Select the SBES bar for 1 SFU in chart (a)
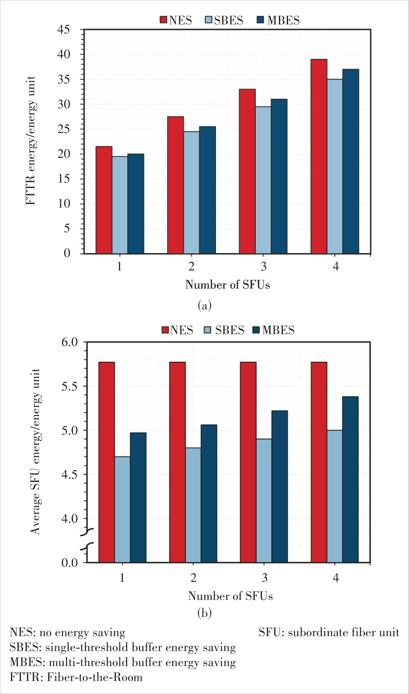(x=120, y=205)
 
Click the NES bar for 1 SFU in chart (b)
(x=107, y=462)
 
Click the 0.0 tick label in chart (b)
(x=70, y=563)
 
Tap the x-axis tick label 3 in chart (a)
(x=263, y=267)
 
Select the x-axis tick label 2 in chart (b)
(x=193, y=578)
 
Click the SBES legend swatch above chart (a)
(x=209, y=20)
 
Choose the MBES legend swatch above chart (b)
(x=256, y=330)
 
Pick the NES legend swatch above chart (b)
(x=165, y=330)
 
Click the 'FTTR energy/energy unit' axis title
(x=31, y=141)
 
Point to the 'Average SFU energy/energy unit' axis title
(x=36, y=452)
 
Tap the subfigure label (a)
(x=204, y=305)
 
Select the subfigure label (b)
(x=204, y=613)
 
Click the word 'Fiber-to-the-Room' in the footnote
(x=95, y=677)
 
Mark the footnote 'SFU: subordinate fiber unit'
(x=329, y=633)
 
